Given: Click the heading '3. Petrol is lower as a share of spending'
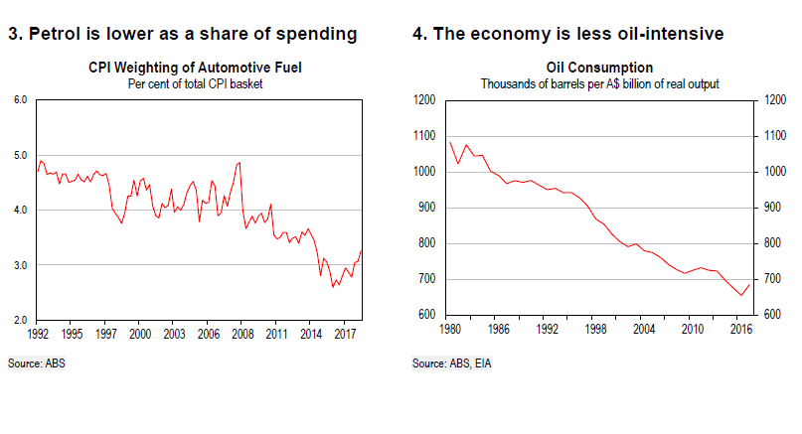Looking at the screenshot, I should (x=182, y=35).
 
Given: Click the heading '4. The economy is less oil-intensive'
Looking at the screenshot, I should (x=567, y=35).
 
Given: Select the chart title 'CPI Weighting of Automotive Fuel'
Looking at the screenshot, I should (x=201, y=69).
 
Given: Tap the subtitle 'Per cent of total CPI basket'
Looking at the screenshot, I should (x=201, y=82).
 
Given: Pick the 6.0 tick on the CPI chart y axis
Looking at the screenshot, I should (x=20, y=100).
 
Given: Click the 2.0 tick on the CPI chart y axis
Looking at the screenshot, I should (x=20, y=321).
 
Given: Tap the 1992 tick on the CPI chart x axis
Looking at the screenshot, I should (x=39, y=334).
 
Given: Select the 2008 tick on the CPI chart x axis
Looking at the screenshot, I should (x=242, y=334).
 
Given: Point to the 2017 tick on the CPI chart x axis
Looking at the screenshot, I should (x=345, y=334).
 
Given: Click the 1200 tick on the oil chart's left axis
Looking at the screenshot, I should (x=424, y=100).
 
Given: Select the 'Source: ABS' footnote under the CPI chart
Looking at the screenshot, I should (x=37, y=363).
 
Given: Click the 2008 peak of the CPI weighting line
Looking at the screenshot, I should (x=240, y=162).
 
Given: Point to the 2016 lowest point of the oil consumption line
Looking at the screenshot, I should (x=740, y=295).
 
